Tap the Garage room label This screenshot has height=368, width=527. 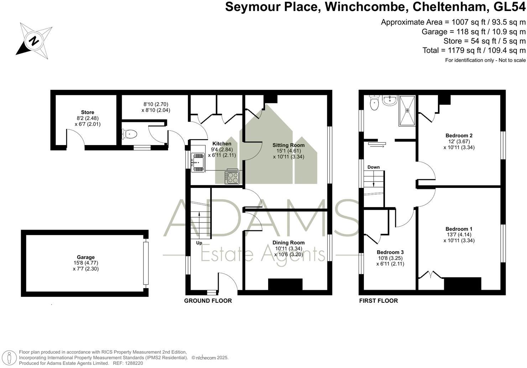coord(86,257)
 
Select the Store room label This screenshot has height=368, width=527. coord(88,112)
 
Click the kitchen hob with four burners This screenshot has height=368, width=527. coord(232,177)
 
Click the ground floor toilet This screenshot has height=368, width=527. coord(129,134)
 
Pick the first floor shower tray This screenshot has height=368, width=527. coord(407,110)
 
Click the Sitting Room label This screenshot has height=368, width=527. coord(288,145)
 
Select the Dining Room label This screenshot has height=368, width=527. coord(288,242)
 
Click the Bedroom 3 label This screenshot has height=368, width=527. coord(390,252)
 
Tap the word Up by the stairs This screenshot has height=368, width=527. coord(199,243)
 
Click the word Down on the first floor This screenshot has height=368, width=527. coord(374,167)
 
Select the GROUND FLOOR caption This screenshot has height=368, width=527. coord(208,301)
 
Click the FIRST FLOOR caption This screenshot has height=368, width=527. coord(378,301)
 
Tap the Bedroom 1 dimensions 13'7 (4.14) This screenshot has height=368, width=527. coord(459,235)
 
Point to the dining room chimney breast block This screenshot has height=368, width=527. coord(285,285)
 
